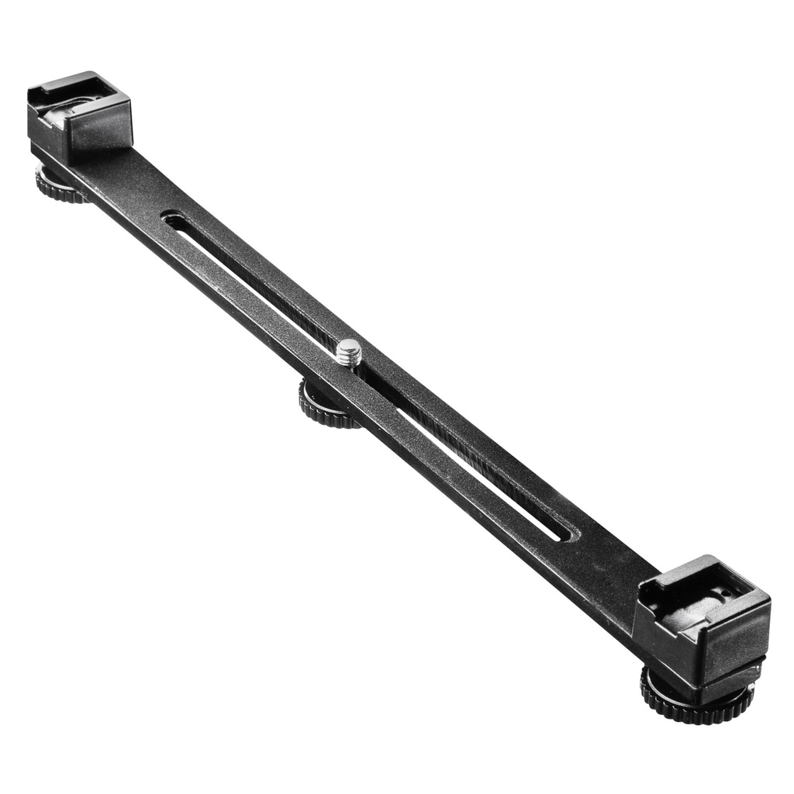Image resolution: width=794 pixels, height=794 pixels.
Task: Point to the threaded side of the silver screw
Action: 349,357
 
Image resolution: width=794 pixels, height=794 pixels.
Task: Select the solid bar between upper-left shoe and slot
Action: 132,186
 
